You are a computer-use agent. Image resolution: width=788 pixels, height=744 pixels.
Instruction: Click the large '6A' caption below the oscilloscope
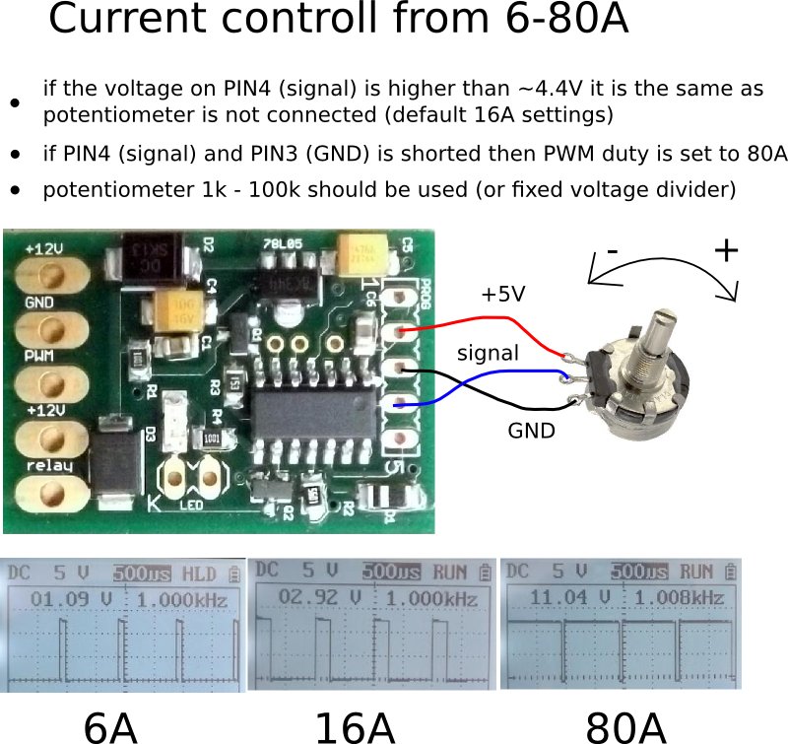coord(109,726)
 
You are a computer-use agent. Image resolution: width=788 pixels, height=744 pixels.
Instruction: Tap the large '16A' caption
coord(355,726)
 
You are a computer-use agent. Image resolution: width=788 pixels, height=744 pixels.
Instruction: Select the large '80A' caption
coord(626,726)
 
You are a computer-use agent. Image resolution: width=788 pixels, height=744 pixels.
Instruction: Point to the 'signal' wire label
coord(487,352)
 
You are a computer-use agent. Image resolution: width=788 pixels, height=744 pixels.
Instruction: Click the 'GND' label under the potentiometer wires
coord(531,431)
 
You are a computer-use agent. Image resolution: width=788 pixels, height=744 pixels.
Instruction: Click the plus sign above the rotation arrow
coord(726,250)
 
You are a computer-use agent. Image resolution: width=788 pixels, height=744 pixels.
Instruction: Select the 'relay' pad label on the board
coord(47,464)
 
